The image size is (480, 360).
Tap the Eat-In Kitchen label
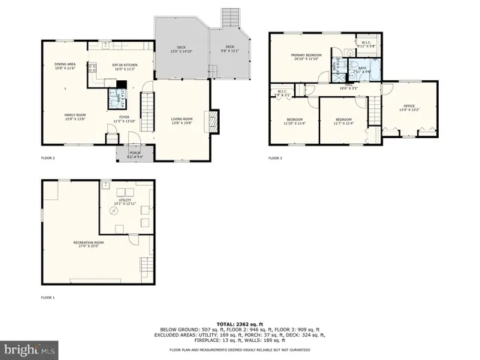pos(124,66)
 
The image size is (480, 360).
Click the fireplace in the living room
pos(215,120)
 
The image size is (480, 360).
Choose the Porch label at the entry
pos(134,154)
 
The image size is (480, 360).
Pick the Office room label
pos(409,107)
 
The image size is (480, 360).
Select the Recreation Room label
pos(88,244)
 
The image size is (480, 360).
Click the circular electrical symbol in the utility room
pos(116,211)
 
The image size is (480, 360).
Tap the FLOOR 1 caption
pos(48,298)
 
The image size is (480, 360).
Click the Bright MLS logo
pos(29,349)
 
